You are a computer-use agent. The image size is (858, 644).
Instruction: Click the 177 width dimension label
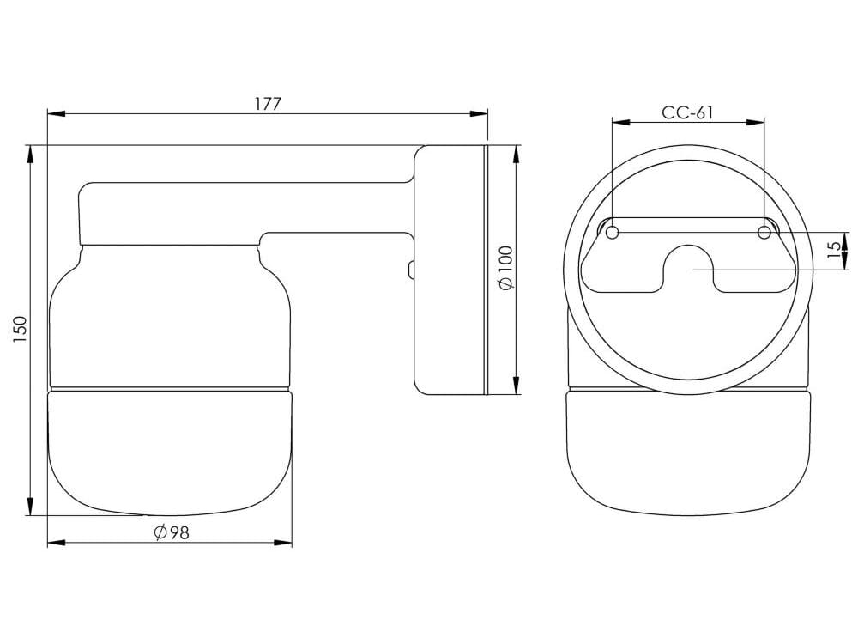click(x=268, y=104)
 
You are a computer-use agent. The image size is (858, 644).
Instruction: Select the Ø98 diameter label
click(x=171, y=532)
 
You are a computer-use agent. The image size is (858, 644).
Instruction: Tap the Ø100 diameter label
click(x=505, y=268)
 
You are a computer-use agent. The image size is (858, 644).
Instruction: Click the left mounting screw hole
click(x=612, y=232)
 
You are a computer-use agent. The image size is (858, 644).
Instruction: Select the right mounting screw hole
click(x=764, y=232)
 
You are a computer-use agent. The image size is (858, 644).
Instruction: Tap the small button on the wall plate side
click(x=411, y=270)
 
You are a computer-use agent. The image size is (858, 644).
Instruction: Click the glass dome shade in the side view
click(x=170, y=451)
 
